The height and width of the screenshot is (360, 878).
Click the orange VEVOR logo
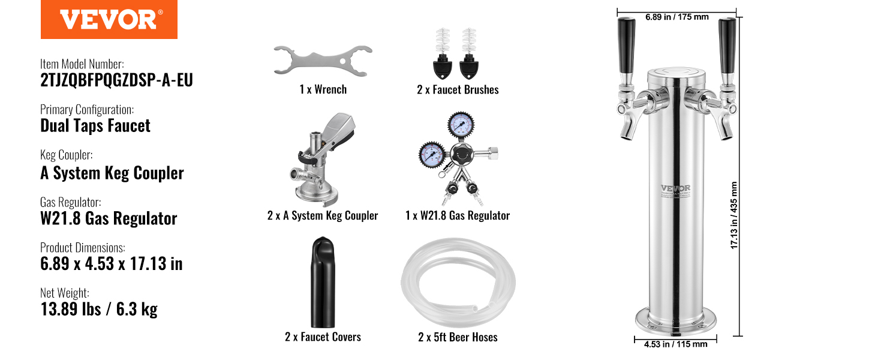(109, 19)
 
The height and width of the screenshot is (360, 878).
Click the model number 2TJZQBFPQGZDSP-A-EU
(116, 80)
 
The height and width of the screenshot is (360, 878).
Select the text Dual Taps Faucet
(95, 126)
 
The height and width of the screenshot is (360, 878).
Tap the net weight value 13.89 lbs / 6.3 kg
(99, 309)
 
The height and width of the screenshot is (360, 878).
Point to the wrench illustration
(323, 61)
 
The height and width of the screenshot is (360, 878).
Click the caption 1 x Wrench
(323, 89)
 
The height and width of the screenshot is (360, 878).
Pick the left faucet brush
(443, 53)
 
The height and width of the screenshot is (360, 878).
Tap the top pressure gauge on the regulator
(461, 124)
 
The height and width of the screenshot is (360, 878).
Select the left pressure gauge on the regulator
(432, 154)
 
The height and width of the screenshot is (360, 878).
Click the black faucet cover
(323, 282)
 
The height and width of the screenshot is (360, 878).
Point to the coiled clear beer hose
(458, 283)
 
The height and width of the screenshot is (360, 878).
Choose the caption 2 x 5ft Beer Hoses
(458, 337)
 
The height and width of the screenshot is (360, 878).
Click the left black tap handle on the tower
(626, 45)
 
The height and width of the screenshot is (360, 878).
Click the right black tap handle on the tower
(727, 45)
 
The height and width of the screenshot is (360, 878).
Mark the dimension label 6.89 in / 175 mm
(677, 17)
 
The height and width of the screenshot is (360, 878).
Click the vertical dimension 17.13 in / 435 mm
(733, 215)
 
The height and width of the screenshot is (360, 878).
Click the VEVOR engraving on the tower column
(675, 188)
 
